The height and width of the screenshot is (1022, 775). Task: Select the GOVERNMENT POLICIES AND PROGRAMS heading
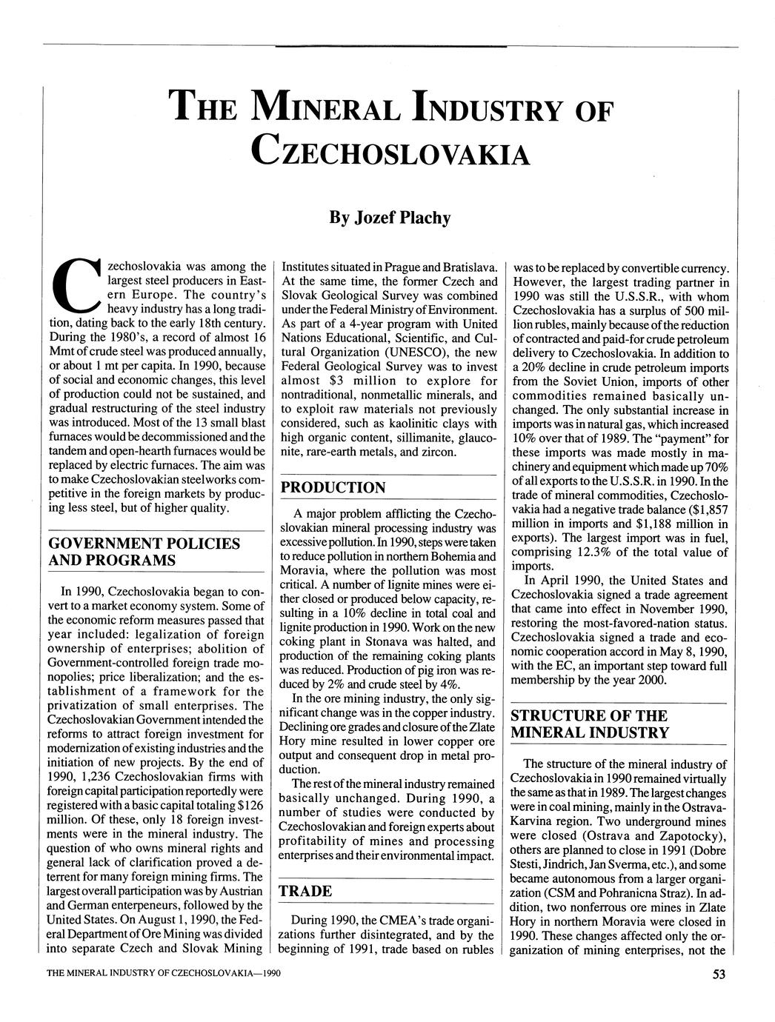click(x=144, y=552)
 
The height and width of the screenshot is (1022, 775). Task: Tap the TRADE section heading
click(x=305, y=890)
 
